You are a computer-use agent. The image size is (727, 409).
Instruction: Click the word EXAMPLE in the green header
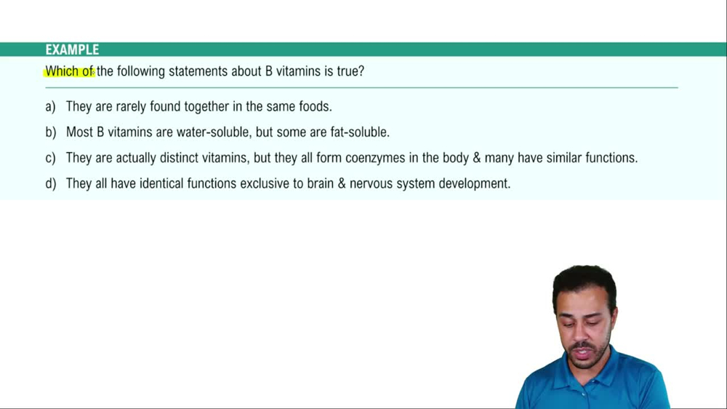pos(72,49)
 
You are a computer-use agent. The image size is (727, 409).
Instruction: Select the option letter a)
pos(50,106)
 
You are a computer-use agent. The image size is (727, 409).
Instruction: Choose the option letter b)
pos(50,132)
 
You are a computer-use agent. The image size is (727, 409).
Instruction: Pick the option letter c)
pos(50,158)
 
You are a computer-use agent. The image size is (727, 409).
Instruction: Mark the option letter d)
pos(50,183)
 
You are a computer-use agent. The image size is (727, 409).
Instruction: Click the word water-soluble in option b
pos(216,132)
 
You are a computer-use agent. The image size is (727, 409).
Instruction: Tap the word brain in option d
pos(324,183)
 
